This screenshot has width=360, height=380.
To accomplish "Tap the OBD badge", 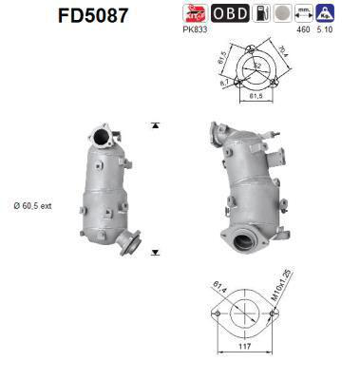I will tap(230, 13).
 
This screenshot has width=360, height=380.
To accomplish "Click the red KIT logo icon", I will tap(195, 13).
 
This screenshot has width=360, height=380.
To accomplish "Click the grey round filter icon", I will tap(282, 13).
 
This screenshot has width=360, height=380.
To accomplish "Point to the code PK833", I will tap(196, 30).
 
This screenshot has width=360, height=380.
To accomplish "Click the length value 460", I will tap(304, 30).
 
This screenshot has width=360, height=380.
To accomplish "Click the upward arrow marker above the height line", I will tap(155, 125).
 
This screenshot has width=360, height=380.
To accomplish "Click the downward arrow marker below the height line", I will tap(155, 250).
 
